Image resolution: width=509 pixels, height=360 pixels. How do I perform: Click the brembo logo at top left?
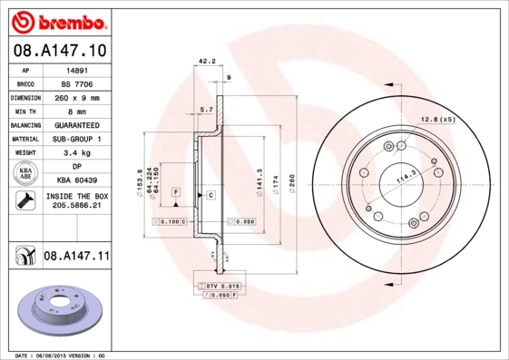(55, 21)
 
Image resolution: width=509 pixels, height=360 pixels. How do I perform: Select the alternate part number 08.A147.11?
(76, 258)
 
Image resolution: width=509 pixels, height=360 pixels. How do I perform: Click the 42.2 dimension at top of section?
(205, 63)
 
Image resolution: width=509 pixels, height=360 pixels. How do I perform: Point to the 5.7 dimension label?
(207, 109)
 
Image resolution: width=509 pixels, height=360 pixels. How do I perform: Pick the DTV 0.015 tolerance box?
(221, 286)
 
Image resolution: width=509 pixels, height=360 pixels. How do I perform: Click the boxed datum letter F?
(176, 191)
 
